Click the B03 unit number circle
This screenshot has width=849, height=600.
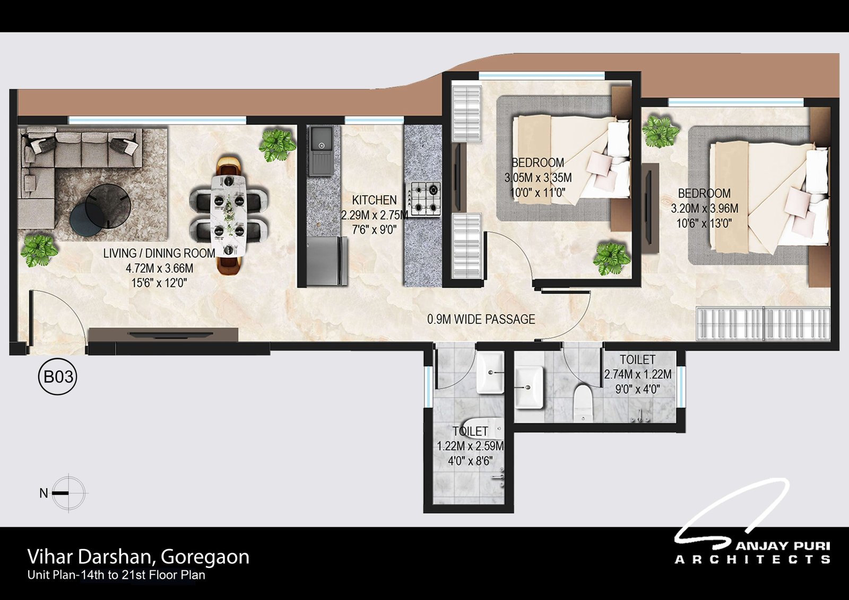[x=58, y=376]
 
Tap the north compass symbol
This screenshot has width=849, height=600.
[x=68, y=493]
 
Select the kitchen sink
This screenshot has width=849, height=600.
[x=321, y=151]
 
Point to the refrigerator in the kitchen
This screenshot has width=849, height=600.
[x=327, y=261]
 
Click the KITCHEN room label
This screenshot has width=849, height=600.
[x=374, y=200]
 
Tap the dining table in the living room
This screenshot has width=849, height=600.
[x=229, y=215]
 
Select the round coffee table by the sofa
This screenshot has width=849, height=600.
[x=108, y=206]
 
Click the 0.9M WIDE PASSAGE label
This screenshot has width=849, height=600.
[x=481, y=319]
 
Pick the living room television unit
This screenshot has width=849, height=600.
[x=163, y=335]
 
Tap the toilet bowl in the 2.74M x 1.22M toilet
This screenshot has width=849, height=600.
[x=583, y=403]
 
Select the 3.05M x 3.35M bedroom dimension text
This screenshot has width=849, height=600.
[x=538, y=177]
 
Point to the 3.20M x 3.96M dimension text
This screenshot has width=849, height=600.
[x=704, y=208]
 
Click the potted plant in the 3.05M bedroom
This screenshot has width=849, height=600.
[x=612, y=258]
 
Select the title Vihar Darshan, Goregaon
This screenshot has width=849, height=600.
[x=138, y=556]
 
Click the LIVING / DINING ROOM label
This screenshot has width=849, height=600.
[x=159, y=253]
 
